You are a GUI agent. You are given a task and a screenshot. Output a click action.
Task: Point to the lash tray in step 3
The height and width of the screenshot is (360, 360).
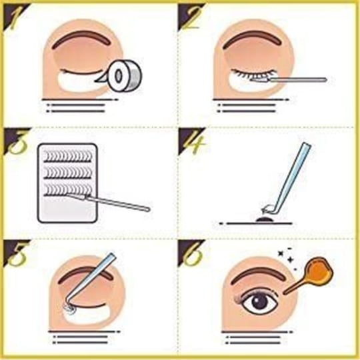tap(67, 183)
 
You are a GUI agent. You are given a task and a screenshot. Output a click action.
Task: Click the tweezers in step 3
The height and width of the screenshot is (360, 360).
tap(108, 201)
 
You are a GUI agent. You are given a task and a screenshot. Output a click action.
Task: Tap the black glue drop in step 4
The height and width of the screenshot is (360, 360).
tap(264, 220)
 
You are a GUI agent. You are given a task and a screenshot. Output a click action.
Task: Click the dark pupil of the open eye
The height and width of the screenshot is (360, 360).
tap(261, 302)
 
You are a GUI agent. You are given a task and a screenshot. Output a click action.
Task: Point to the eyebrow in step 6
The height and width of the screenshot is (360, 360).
tap(259, 275)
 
